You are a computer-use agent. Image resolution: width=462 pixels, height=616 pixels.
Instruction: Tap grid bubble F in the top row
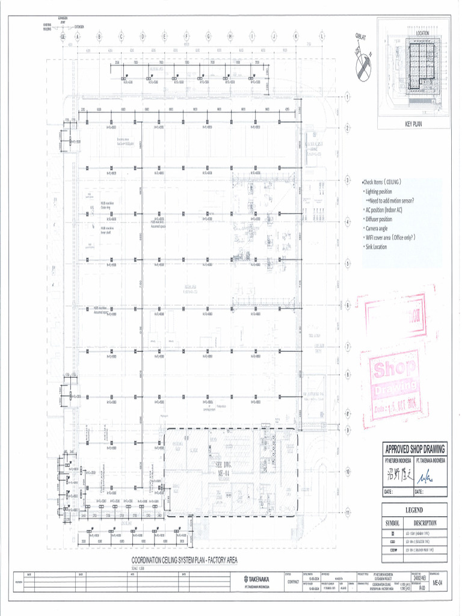(x=186, y=37)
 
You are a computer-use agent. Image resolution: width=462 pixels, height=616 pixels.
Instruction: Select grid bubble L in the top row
(x=322, y=37)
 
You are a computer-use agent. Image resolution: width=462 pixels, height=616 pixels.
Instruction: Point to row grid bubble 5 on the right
(x=348, y=263)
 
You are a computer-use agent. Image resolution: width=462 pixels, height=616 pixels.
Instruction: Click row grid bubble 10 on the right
(x=348, y=471)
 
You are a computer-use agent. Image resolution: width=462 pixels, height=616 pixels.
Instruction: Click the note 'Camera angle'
(x=377, y=229)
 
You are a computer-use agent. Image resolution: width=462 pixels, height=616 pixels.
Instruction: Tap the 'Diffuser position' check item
(x=378, y=219)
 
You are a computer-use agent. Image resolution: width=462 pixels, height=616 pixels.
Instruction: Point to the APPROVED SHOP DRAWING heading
(x=414, y=449)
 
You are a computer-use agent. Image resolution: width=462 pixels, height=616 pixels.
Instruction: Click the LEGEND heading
(x=414, y=510)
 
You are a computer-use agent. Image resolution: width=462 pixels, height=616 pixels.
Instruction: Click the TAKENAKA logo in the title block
(x=257, y=579)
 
